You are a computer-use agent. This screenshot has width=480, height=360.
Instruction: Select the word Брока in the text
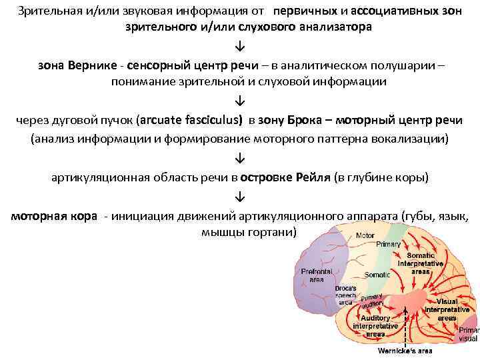point(306,121)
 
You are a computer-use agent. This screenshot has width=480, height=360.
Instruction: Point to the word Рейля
point(311,179)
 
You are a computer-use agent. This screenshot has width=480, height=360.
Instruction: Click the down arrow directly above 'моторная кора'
point(239,198)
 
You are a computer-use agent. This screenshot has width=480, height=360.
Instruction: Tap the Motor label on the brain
point(365,235)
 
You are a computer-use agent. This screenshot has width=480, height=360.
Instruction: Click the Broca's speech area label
point(345,295)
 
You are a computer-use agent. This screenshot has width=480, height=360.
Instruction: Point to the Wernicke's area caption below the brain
point(405,351)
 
